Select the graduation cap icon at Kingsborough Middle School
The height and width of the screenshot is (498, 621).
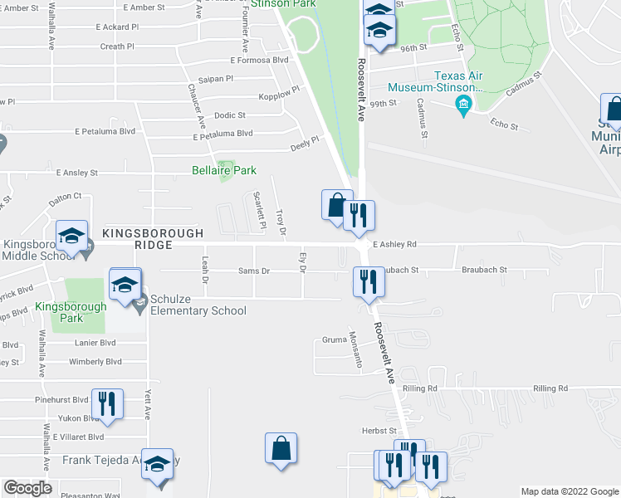pos(71,237)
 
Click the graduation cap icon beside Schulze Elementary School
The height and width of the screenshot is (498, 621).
pos(125,284)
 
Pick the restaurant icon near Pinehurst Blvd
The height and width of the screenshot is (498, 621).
pos(107,404)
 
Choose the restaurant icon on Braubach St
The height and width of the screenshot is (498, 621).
pos(367,281)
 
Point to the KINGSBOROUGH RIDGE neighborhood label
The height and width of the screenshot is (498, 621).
pos(138,239)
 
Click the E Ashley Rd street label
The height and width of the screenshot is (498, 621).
pos(394,245)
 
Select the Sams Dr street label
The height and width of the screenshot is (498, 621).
pos(254,271)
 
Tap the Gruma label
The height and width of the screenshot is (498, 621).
pos(334,339)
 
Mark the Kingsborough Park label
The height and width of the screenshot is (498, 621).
pos(71,312)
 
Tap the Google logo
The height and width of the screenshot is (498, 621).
pos(27,487)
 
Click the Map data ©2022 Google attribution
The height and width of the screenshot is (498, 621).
pos(569,491)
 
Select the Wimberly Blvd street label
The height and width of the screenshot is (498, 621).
pos(95,362)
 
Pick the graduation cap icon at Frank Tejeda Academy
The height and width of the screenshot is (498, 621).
pos(156,465)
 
